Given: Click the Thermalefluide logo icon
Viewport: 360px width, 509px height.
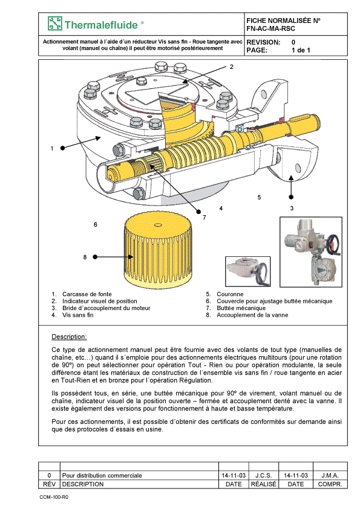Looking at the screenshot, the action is click(x=54, y=24).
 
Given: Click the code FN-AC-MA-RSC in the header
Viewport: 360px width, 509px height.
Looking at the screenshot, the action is click(x=270, y=28).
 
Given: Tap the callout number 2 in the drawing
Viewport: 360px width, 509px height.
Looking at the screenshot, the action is click(x=231, y=67).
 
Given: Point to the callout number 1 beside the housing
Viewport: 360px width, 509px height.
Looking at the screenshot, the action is click(x=51, y=148).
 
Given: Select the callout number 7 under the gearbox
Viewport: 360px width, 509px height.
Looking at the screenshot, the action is click(x=205, y=218).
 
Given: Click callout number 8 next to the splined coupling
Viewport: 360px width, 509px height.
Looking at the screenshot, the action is click(x=85, y=257).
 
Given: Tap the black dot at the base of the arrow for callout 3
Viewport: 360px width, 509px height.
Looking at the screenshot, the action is click(x=291, y=197).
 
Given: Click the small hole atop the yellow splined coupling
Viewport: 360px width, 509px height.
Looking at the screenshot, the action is click(x=158, y=225).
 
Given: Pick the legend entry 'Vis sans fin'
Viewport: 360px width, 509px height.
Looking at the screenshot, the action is click(x=77, y=315).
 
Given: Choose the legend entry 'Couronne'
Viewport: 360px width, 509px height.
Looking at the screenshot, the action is click(x=230, y=294).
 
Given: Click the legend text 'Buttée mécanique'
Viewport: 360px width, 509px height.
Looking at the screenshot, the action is click(x=241, y=308).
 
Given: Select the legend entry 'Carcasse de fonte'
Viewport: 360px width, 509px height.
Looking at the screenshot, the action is click(x=87, y=294).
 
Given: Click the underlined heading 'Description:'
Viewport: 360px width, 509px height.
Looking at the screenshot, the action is click(x=69, y=337).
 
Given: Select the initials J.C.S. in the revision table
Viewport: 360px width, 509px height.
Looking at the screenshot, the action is click(x=263, y=475).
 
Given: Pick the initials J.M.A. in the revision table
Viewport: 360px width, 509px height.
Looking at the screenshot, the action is click(x=330, y=475).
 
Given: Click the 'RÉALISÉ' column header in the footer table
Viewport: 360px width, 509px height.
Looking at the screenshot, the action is click(x=263, y=484).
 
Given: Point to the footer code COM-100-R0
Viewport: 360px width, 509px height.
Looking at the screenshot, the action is click(x=54, y=497).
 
